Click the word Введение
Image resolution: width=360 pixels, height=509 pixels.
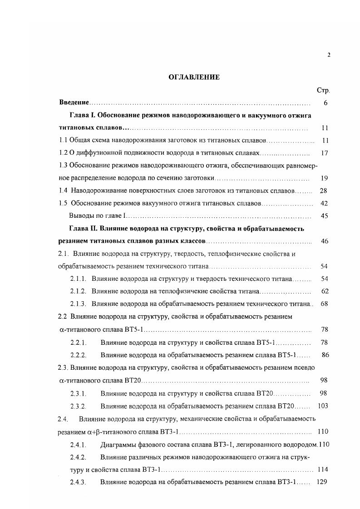point(74,103)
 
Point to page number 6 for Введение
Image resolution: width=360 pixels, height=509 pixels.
point(325,103)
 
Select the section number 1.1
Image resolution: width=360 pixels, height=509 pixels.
point(64,141)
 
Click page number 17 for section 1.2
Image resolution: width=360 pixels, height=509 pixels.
point(324,153)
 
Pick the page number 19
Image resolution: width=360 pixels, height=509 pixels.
point(324,178)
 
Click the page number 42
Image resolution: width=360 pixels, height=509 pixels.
point(324,203)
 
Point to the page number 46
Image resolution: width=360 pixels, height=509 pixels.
point(324,241)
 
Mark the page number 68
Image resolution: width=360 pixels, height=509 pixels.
point(324,303)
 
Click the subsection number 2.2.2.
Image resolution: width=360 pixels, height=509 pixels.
point(78,354)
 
